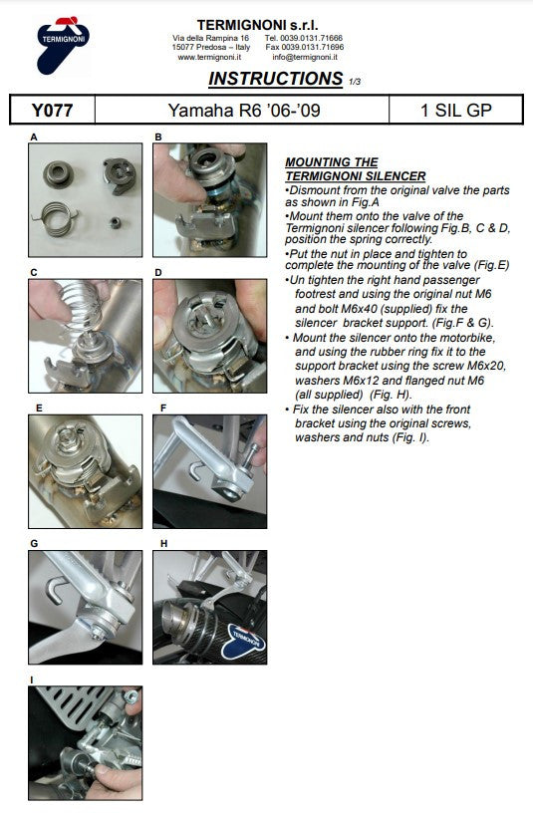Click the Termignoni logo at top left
(63, 45)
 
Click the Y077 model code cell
(52, 110)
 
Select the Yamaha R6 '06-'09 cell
(242, 110)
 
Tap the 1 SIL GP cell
(456, 110)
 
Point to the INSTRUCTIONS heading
(276, 78)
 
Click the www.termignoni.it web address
(209, 58)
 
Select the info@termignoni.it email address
(305, 58)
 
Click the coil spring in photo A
(55, 217)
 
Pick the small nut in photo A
(116, 222)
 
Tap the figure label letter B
(158, 137)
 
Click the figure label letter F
(163, 408)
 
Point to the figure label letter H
(164, 543)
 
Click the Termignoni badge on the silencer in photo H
(243, 639)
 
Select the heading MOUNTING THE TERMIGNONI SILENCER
(356, 169)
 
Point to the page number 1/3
(355, 82)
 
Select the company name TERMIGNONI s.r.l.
(257, 25)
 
